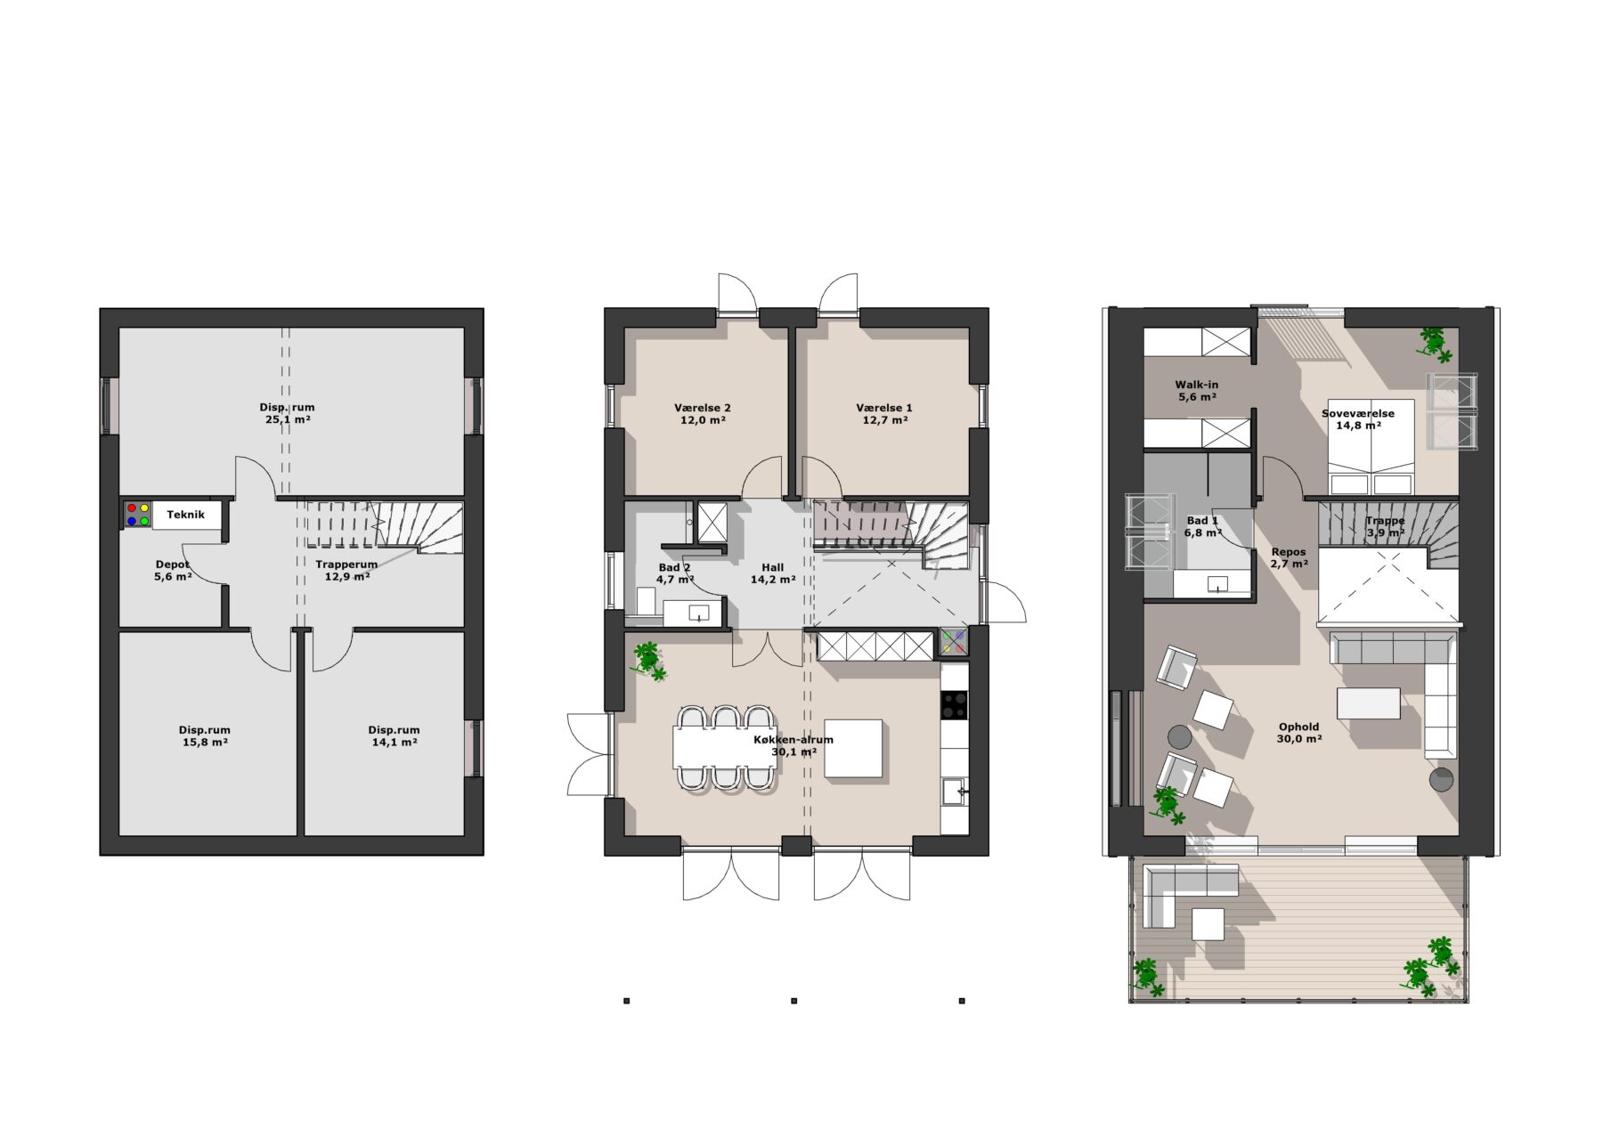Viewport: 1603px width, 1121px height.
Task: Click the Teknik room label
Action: pyautogui.click(x=185, y=515)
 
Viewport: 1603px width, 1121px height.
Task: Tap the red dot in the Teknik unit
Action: pyautogui.click(x=132, y=508)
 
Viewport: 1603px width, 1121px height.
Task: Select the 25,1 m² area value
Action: pyautogui.click(x=288, y=419)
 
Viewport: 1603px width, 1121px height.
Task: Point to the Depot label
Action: pyautogui.click(x=172, y=565)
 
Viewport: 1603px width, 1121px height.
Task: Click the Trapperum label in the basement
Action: pyautogui.click(x=346, y=565)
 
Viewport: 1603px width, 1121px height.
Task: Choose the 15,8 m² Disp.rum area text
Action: pyautogui.click(x=204, y=742)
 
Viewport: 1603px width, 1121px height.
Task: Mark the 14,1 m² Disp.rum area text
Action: pyautogui.click(x=394, y=742)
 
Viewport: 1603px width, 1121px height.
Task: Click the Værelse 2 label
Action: pyautogui.click(x=703, y=408)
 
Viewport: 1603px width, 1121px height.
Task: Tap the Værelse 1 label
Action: pyautogui.click(x=884, y=408)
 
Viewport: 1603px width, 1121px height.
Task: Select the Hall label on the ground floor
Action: pyautogui.click(x=773, y=567)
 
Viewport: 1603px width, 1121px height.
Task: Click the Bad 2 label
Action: pyautogui.click(x=674, y=567)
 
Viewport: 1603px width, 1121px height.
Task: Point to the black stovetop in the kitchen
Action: pyautogui.click(x=955, y=705)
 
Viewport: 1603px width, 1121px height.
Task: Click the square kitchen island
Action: pyautogui.click(x=853, y=750)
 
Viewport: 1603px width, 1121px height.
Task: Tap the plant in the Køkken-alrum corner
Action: pyautogui.click(x=648, y=660)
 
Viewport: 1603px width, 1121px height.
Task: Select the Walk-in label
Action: pyautogui.click(x=1197, y=385)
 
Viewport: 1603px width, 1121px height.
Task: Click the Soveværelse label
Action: pyautogui.click(x=1358, y=413)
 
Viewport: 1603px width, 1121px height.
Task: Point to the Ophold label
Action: pyautogui.click(x=1298, y=727)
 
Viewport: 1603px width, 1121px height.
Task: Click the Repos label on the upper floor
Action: pyautogui.click(x=1289, y=552)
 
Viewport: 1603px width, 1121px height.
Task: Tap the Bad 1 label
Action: pyautogui.click(x=1202, y=521)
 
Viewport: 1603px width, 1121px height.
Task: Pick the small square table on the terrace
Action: pyautogui.click(x=1208, y=923)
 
